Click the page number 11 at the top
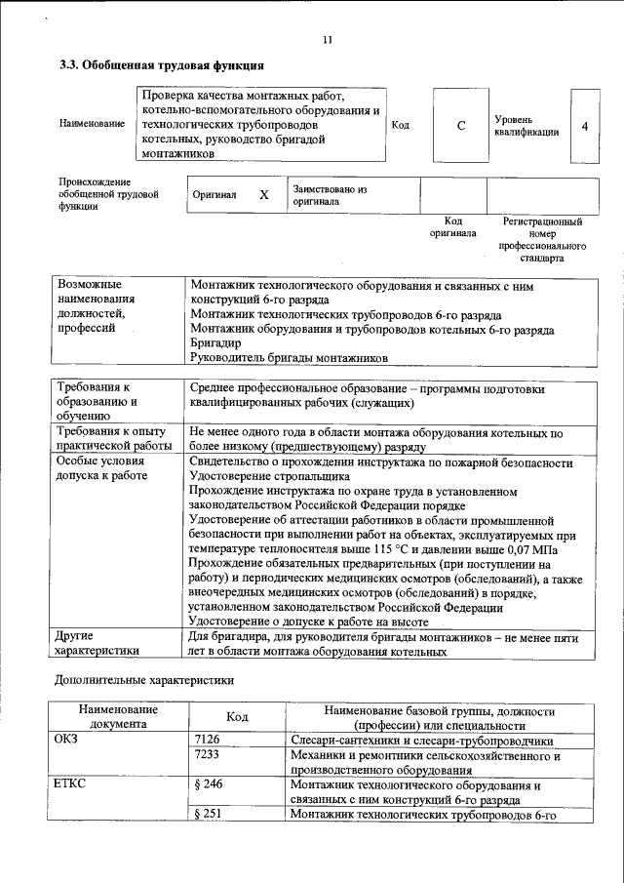pos(327,40)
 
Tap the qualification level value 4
pos(584,126)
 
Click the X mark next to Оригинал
pos(263,195)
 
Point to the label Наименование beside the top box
pos(92,124)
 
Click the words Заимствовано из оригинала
pos(329,195)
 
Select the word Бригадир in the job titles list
pos(214,344)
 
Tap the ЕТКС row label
pos(73,784)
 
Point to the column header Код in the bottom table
pos(237,717)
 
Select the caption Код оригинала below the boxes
pos(453,227)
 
